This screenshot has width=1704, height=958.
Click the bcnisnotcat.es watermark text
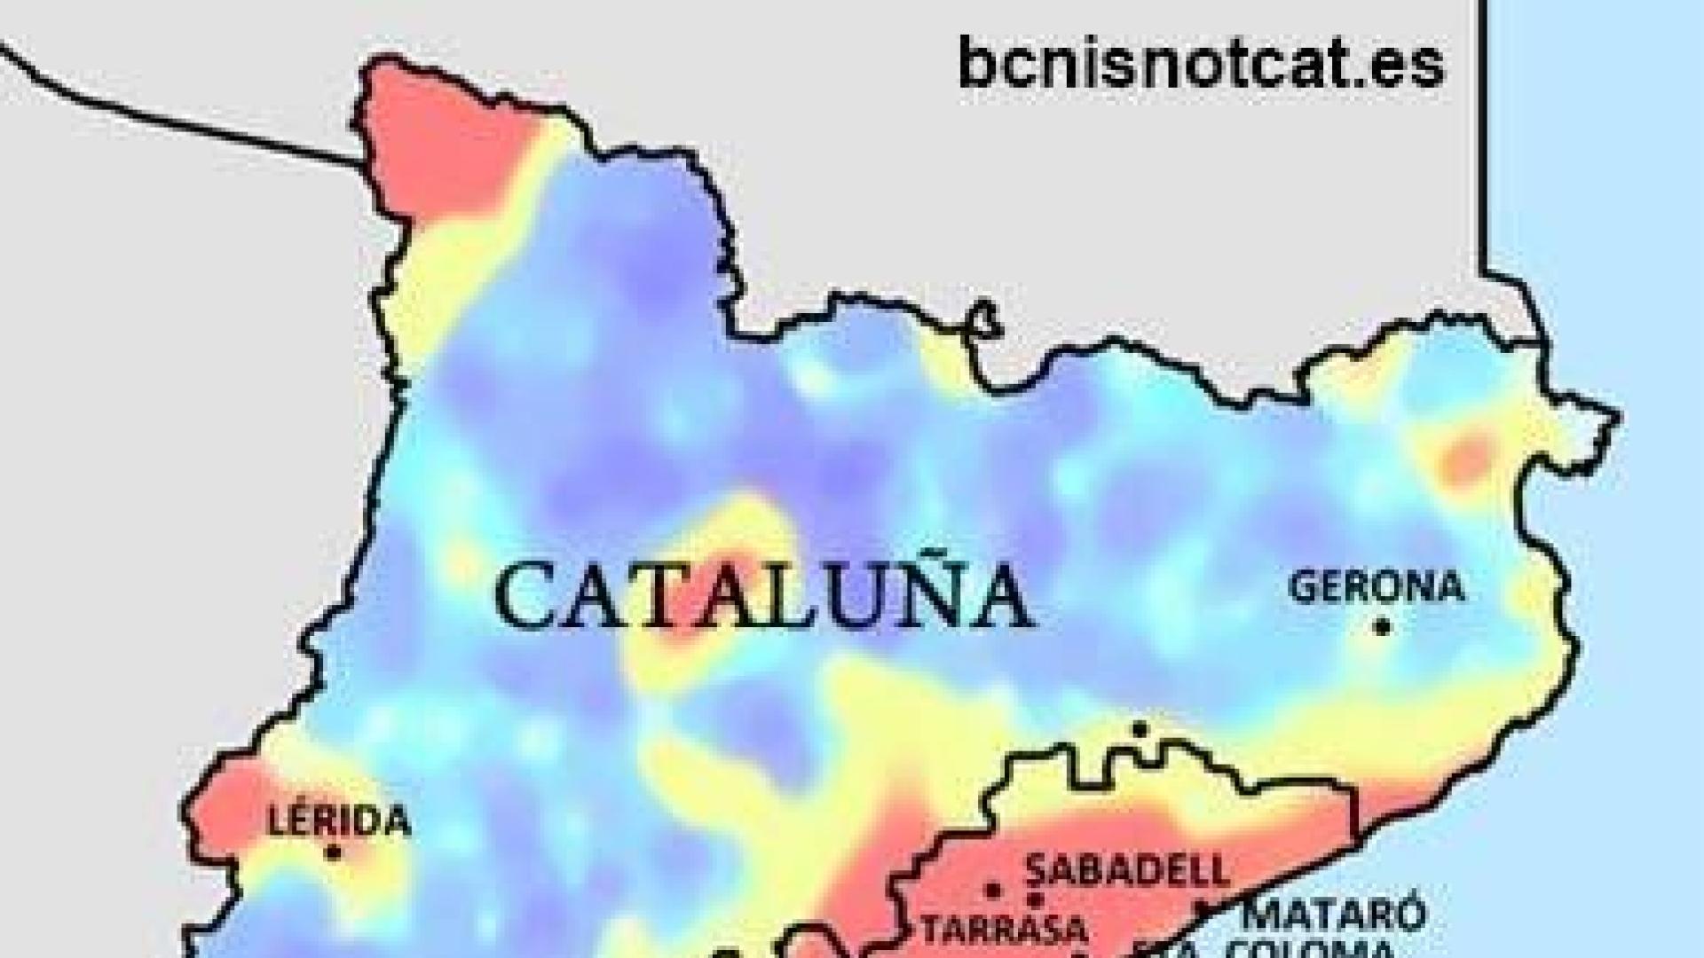click(1201, 63)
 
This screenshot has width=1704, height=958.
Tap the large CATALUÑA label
click(764, 595)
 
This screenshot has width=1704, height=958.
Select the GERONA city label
click(1376, 587)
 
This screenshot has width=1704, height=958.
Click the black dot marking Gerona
click(1381, 627)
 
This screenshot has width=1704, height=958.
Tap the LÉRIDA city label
click(339, 820)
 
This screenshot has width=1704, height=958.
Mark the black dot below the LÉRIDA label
click(334, 852)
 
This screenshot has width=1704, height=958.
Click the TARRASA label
click(1004, 930)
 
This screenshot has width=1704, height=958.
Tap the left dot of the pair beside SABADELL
click(993, 890)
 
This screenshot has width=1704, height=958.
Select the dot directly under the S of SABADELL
click(1034, 899)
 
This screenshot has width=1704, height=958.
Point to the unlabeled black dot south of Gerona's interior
click(1140, 730)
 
